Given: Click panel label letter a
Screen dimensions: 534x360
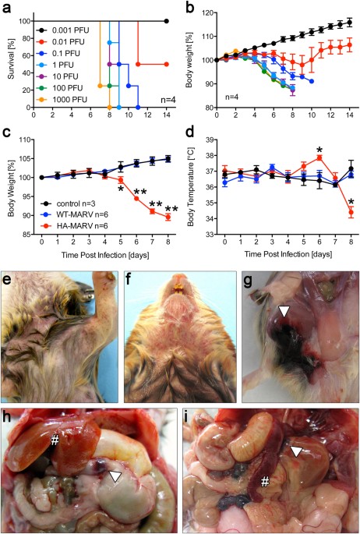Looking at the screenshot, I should coord(5,7).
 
